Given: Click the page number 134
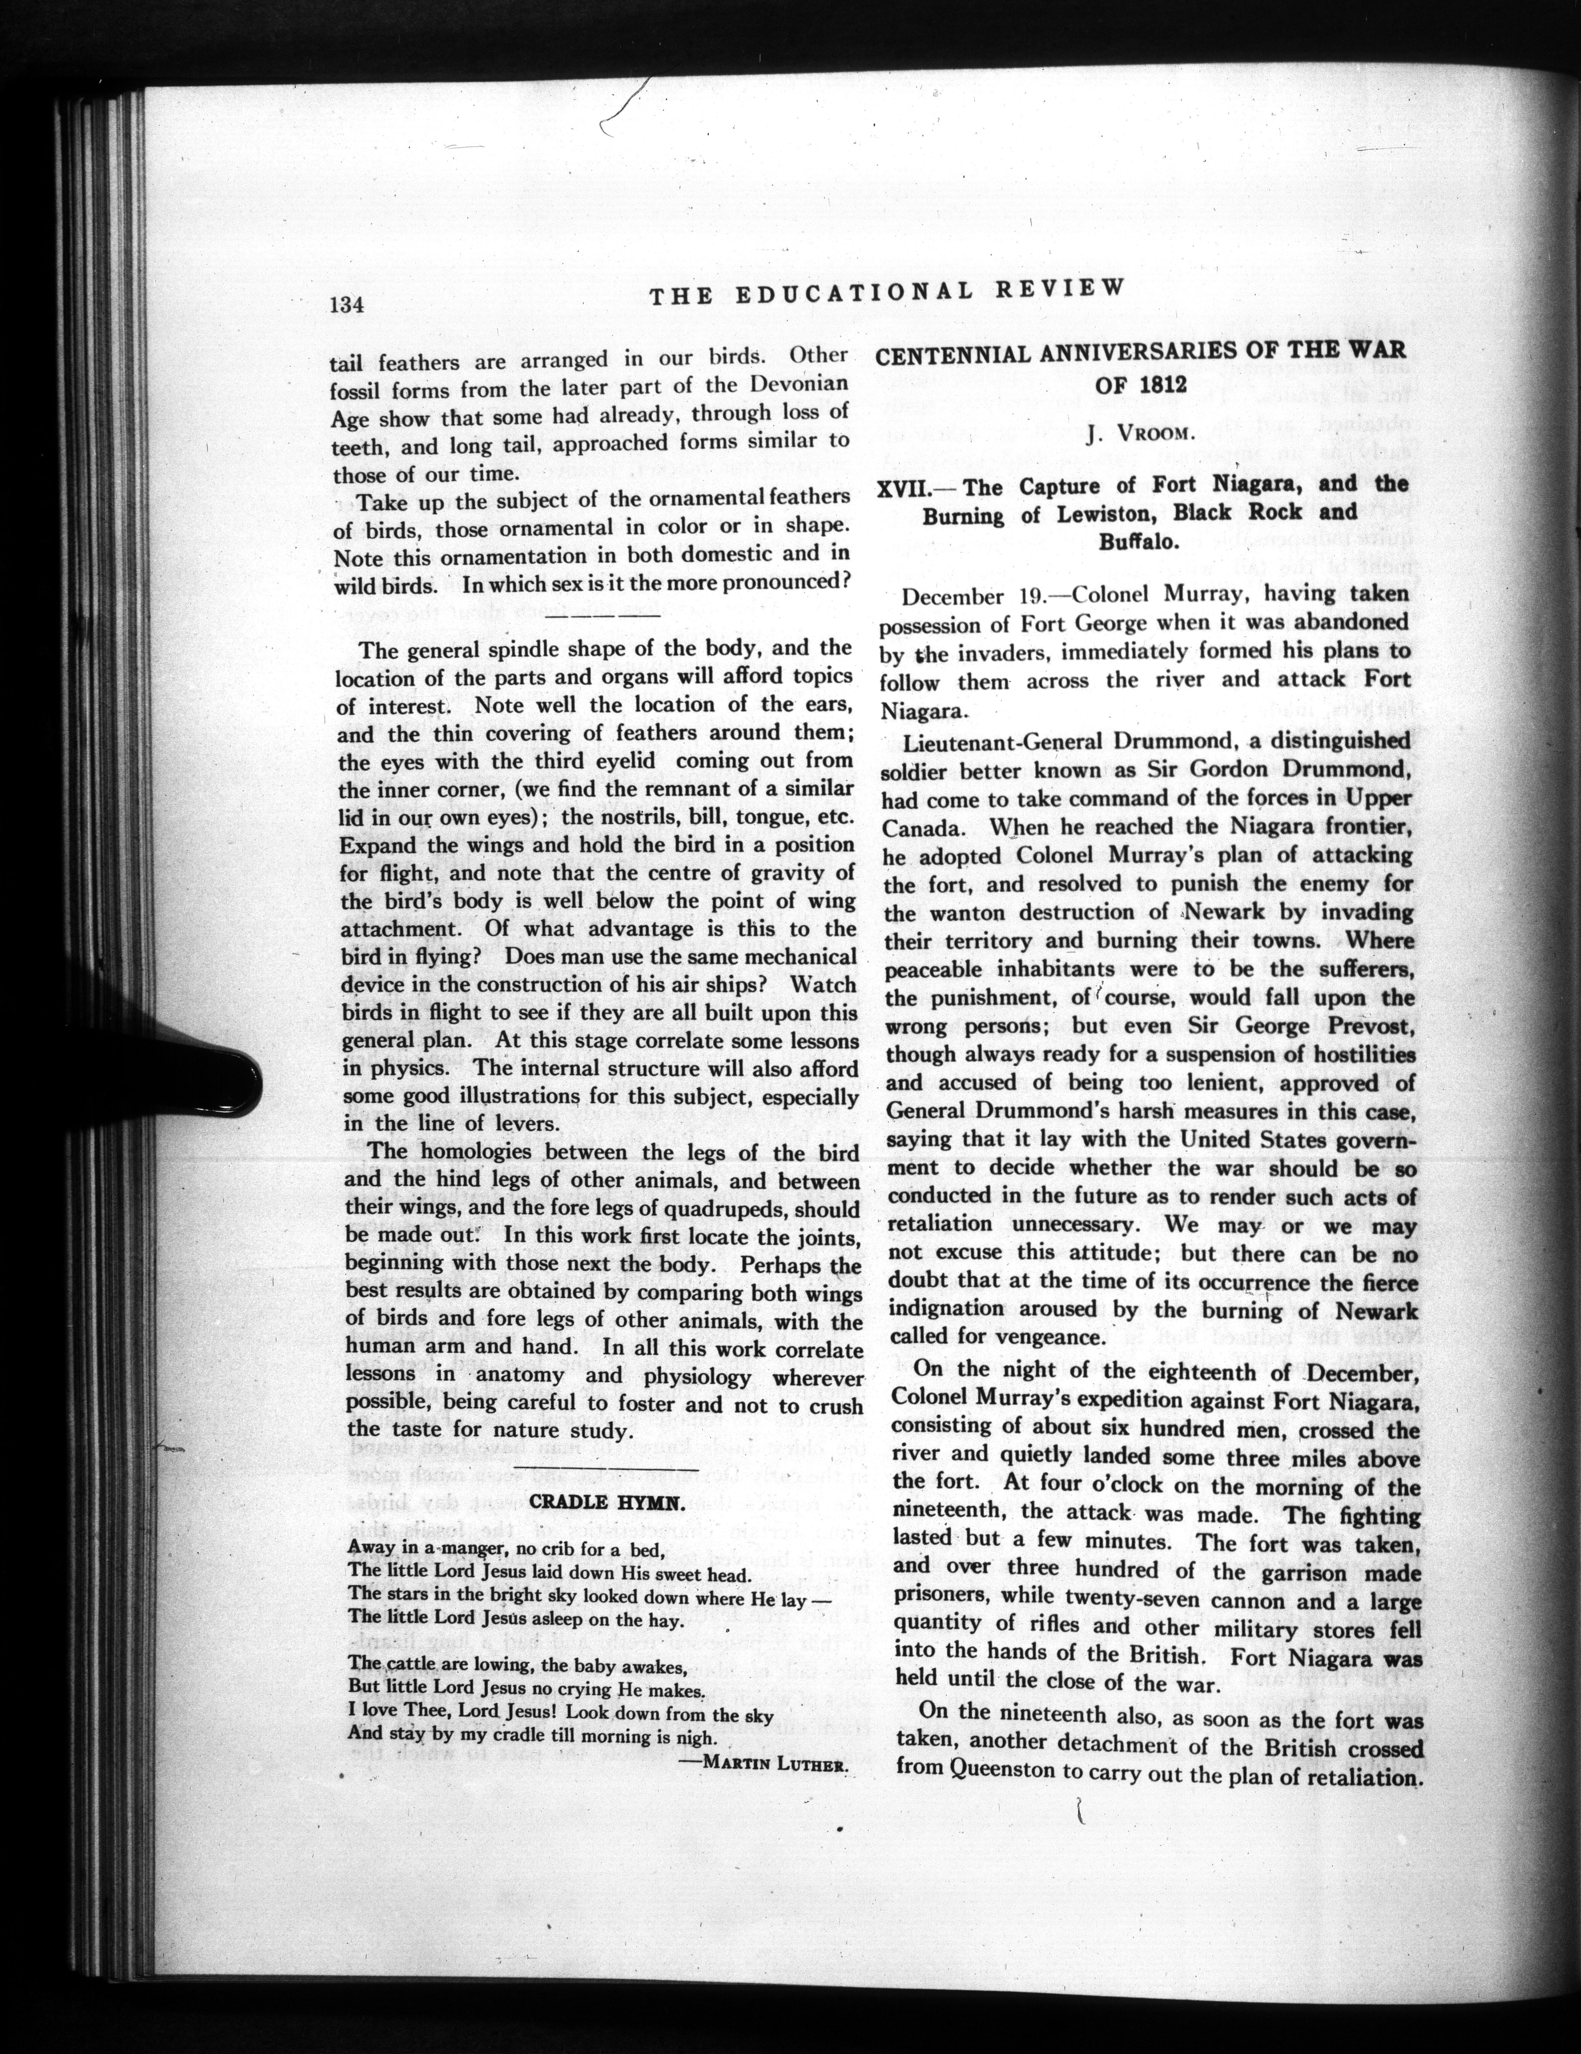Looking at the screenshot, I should tap(346, 305).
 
